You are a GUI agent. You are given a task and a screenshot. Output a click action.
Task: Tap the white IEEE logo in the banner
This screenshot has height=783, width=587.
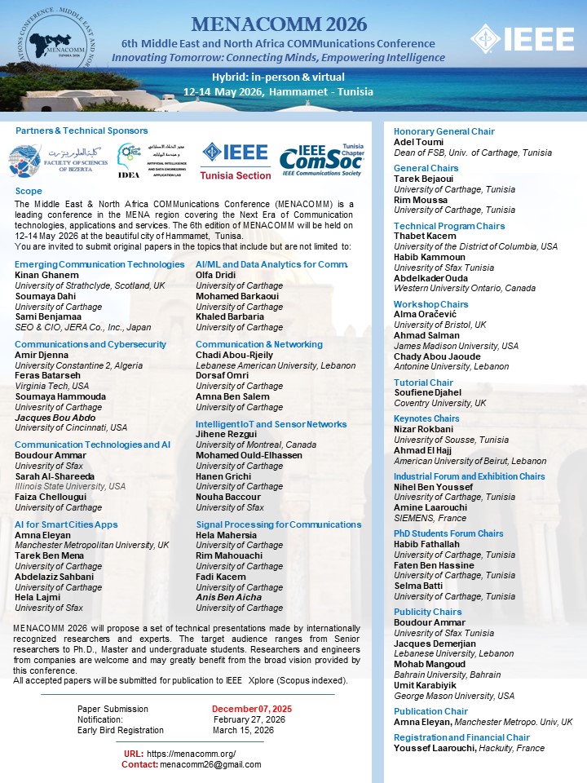pos(527,38)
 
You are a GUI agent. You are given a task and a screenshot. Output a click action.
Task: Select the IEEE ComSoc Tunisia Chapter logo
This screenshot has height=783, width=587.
pos(321,161)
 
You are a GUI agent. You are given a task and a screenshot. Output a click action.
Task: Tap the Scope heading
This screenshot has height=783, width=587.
pos(29,191)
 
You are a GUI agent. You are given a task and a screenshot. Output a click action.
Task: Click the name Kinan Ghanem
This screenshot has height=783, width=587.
pos(40,275)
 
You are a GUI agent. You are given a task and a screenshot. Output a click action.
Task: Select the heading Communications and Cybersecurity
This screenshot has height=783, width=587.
pos(90,344)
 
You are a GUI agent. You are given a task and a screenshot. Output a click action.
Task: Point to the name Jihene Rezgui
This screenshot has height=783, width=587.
pos(225,435)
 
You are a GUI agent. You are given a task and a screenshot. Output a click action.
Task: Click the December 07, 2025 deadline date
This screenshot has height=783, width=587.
pos(252,709)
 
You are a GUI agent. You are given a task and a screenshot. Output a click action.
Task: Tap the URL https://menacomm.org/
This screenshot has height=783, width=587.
pos(192,754)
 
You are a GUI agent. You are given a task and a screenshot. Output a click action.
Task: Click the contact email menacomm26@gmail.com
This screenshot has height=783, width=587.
pos(210,764)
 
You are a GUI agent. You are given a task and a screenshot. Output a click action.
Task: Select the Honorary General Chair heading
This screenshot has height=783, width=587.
pos(444,131)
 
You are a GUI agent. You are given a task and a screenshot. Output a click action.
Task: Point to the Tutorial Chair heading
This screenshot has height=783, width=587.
pos(423,382)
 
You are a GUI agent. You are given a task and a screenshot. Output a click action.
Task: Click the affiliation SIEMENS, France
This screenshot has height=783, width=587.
pos(429,518)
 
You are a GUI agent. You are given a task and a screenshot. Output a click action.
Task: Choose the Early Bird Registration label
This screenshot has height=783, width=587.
pos(121,730)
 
